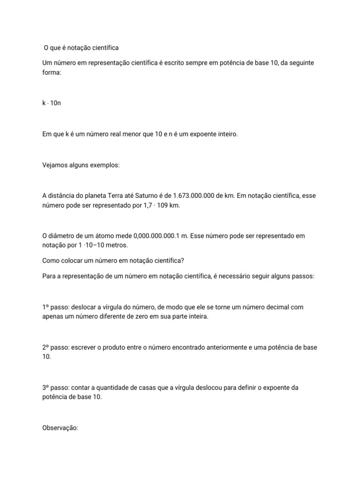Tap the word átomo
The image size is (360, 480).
105,236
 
